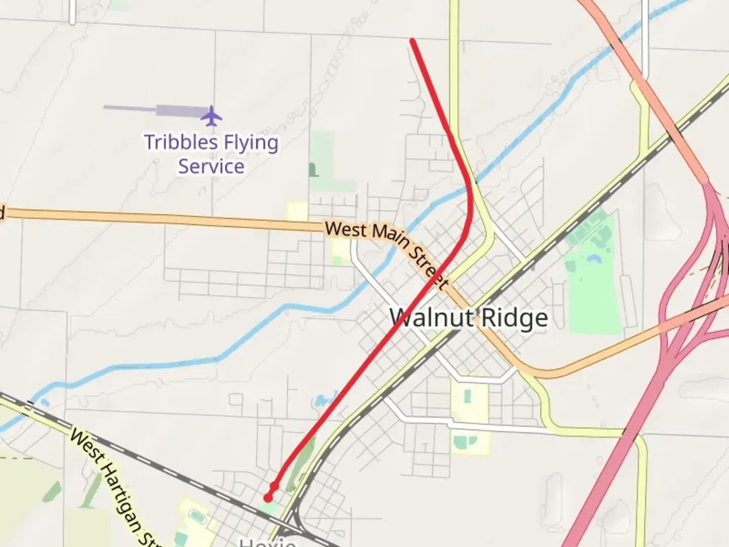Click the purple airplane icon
coord(211,116)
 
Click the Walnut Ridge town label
coord(469,318)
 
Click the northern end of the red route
coord(413,41)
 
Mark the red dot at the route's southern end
coord(268,498)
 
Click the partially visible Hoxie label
coord(267,542)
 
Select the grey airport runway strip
coord(157,109)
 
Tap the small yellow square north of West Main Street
coord(297,211)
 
